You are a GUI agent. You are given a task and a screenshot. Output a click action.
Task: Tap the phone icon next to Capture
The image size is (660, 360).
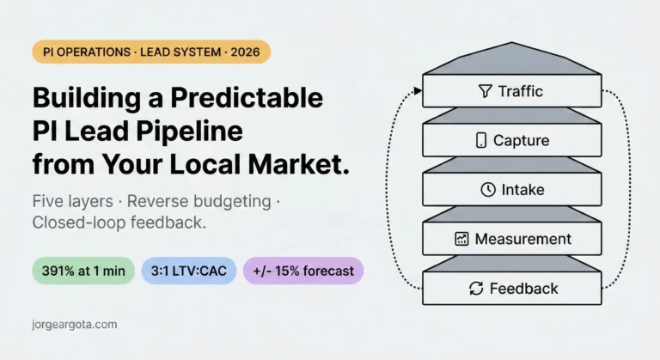click(481, 140)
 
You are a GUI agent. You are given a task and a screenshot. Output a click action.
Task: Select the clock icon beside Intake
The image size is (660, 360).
click(487, 189)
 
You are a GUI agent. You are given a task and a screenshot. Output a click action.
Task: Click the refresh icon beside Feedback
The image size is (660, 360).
click(476, 289)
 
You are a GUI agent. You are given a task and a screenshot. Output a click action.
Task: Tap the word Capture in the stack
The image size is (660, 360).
click(521, 140)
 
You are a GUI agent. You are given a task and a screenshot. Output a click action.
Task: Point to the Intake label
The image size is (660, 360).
click(523, 189)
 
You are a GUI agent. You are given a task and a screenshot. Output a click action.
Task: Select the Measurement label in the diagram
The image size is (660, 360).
click(522, 239)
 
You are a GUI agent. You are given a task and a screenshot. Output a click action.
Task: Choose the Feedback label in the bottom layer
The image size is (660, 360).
click(523, 289)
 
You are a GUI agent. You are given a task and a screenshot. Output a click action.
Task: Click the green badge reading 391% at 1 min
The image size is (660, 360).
click(83, 272)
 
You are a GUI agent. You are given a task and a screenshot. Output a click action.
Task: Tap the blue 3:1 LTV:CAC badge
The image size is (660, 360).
click(188, 272)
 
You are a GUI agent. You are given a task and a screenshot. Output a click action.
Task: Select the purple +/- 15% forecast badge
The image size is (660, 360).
click(303, 272)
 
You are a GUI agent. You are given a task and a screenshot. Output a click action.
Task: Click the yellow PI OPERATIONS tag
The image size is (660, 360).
click(150, 52)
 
